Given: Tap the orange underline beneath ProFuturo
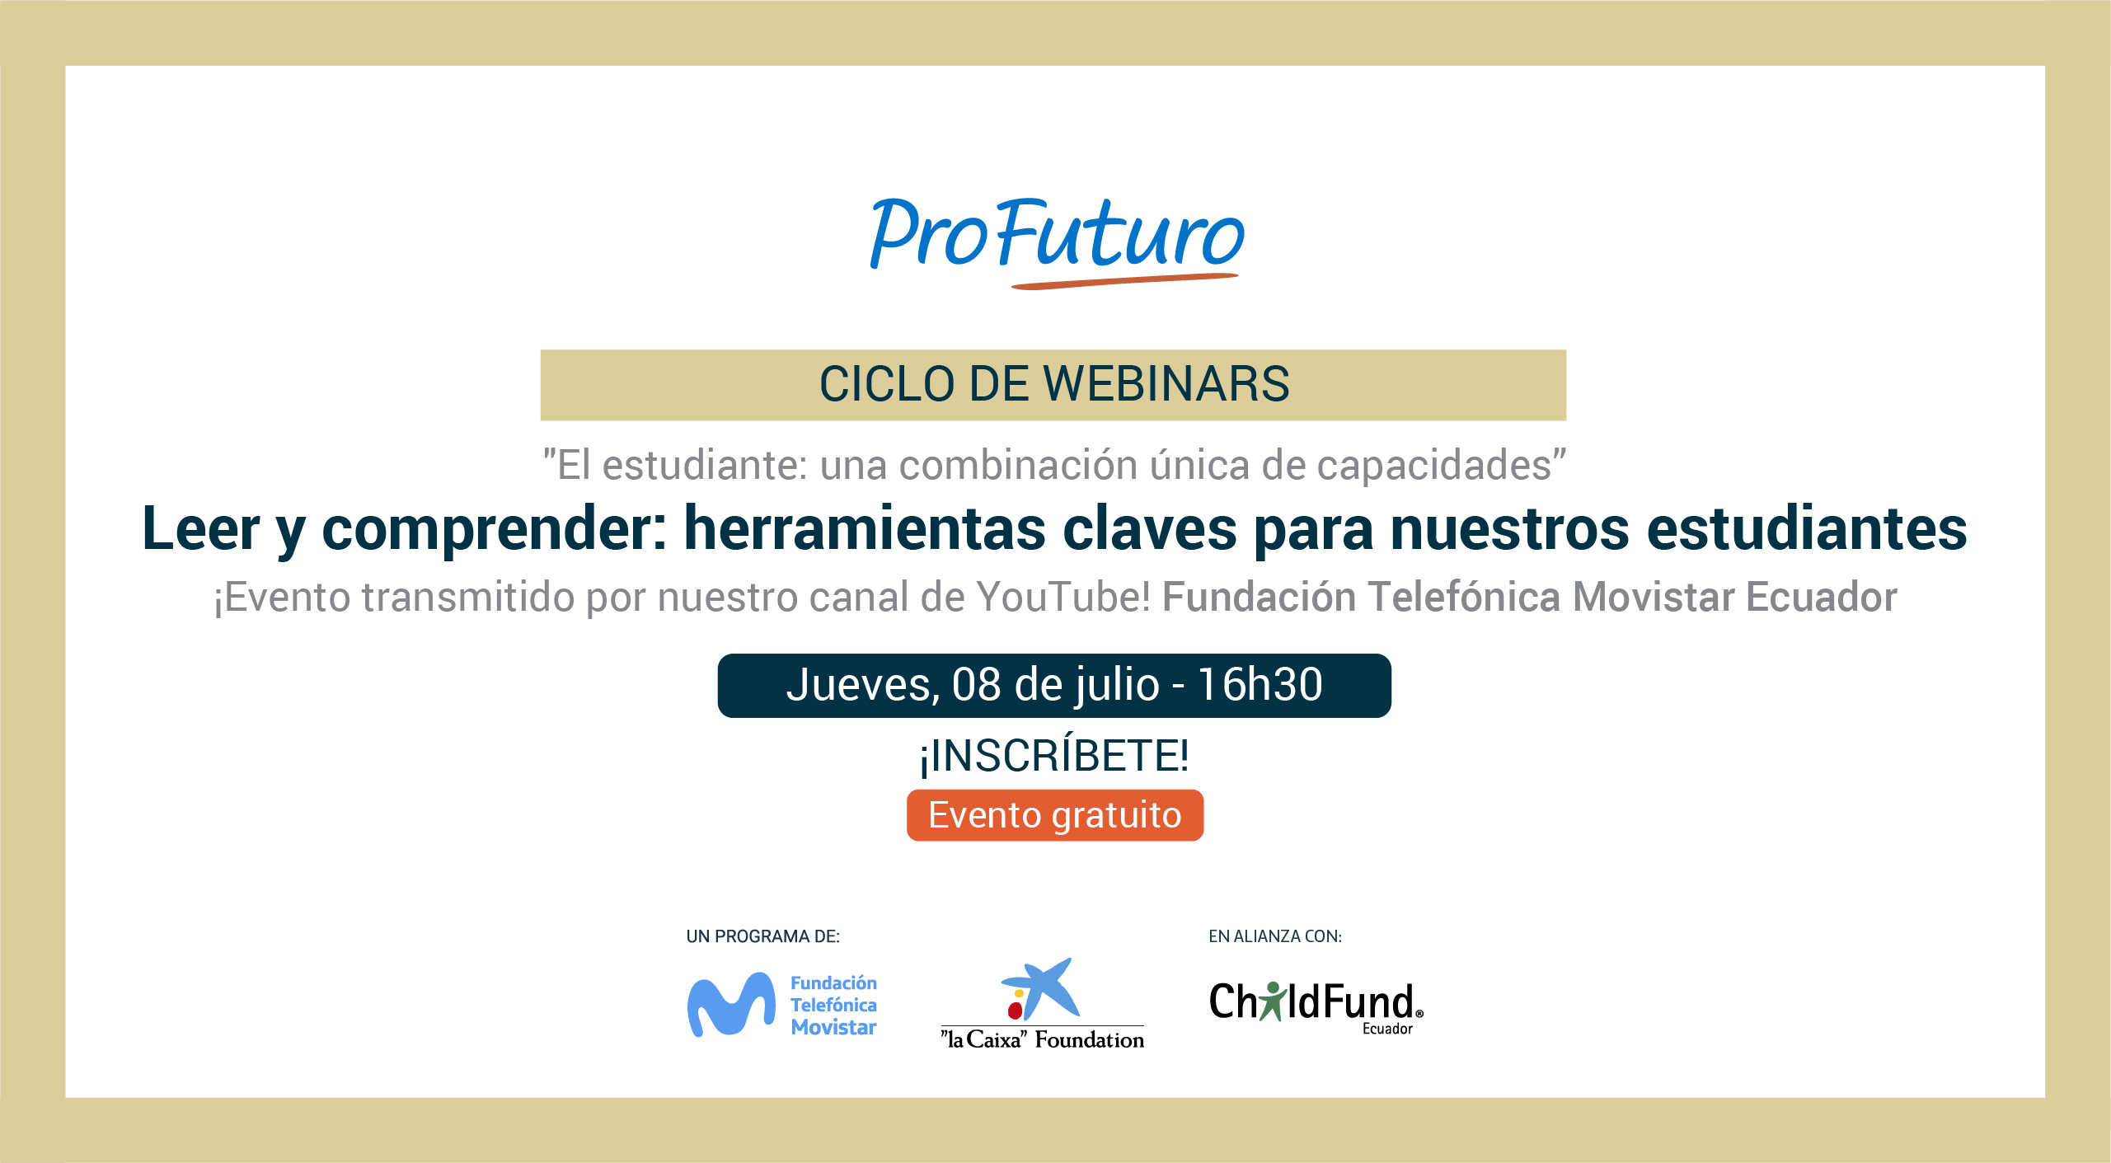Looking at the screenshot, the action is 1125,281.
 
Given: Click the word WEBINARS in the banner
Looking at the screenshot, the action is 1166,384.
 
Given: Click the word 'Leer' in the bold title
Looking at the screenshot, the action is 201,528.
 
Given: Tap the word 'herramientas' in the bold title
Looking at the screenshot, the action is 865,528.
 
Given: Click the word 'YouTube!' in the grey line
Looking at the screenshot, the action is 1063,597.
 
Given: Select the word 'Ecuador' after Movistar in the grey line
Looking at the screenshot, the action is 1822,597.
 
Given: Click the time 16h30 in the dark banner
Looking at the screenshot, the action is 1260,685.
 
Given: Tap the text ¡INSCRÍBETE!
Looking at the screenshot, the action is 1054,755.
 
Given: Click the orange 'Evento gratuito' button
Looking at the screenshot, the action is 1055,815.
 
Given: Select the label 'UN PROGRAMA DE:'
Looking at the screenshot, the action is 762,936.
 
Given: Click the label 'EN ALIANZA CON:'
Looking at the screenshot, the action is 1275,936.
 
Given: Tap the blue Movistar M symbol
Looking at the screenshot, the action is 731,1005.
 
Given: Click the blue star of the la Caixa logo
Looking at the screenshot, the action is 1042,987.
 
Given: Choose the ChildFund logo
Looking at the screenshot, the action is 1316,1006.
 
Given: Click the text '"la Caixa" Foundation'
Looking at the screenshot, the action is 1043,1039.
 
